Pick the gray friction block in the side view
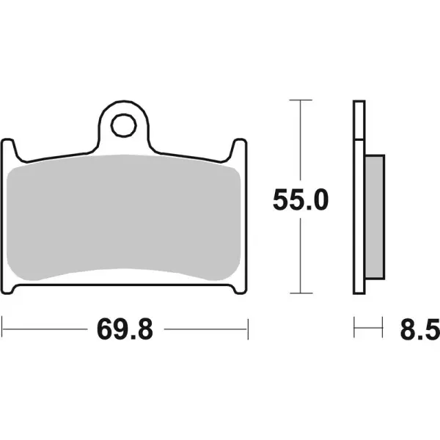click(373, 218)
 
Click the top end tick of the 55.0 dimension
click(300, 99)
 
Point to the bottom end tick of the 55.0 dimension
click(300, 296)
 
